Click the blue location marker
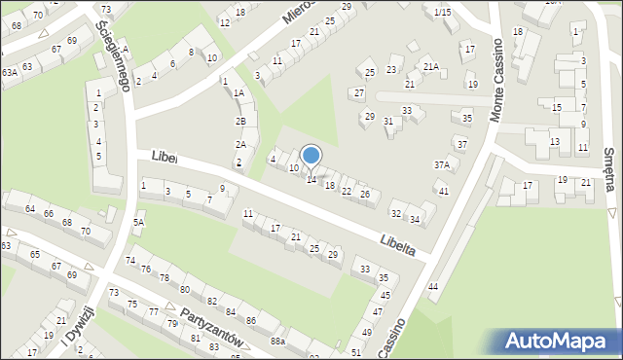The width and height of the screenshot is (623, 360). point(311,155)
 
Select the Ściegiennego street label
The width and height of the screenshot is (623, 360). point(116,57)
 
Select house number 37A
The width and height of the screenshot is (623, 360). point(441,165)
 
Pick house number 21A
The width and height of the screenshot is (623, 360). point(430,66)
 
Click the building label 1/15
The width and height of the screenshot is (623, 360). point(443,12)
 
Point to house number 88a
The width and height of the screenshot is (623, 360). point(277,342)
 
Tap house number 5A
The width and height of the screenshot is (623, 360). point(138,223)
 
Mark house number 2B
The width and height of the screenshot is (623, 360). point(240,122)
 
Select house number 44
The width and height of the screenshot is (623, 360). point(433,286)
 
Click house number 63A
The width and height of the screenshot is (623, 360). point(9,72)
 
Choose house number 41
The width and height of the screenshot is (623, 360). point(443,191)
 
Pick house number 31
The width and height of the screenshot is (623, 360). point(388,121)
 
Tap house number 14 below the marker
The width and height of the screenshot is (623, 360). point(311,180)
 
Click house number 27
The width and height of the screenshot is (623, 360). point(358,93)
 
